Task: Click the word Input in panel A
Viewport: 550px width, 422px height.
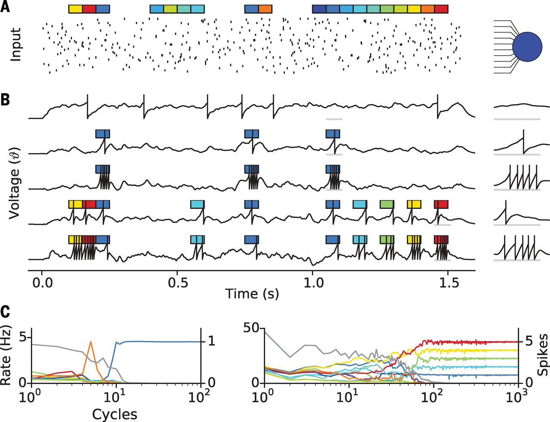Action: [x=16, y=45]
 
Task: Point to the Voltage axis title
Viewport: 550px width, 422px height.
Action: [x=14, y=181]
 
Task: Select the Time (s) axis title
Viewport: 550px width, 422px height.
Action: [x=252, y=294]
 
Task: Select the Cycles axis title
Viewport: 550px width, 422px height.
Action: [x=115, y=414]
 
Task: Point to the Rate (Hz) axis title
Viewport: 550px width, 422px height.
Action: [x=6, y=357]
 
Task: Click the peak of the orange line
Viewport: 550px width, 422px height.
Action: [x=91, y=342]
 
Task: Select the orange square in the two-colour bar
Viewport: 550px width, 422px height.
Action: [x=265, y=9]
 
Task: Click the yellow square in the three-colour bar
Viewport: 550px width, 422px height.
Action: [x=75, y=9]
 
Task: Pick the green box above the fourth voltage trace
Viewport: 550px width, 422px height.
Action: [x=387, y=204]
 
